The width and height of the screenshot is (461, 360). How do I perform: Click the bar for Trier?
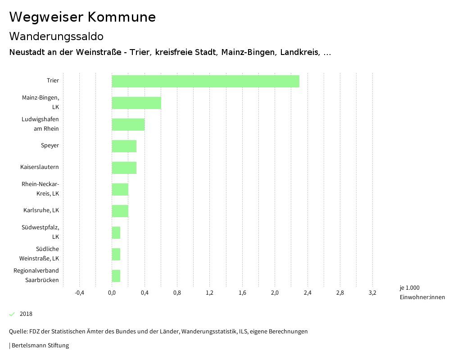pos(205,81)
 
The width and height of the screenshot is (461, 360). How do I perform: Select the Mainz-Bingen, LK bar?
pos(136,103)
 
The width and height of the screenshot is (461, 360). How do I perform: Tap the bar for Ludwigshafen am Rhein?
pos(128,124)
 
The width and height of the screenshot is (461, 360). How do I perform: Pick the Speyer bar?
pos(124,146)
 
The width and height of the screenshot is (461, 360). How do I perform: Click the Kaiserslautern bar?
pos(124,168)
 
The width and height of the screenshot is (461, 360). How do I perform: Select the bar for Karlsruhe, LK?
pos(120,211)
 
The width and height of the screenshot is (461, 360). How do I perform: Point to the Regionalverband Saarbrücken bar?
pos(116,276)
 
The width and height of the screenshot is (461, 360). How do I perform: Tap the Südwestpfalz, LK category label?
pos(40,232)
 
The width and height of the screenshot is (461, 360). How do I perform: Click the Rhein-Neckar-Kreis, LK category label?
pos(40,189)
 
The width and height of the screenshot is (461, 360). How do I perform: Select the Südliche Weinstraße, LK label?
pos(39,254)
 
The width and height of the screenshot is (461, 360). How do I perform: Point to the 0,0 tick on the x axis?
pos(112,293)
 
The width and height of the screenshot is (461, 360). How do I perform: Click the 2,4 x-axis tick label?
pos(307,293)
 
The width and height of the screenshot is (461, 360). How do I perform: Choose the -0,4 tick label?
pos(79,293)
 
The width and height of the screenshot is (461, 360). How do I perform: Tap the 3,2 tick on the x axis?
pos(372,293)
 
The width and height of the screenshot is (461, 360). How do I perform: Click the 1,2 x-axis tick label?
pos(210,293)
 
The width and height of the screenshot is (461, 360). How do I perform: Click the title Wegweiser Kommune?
pos(82,17)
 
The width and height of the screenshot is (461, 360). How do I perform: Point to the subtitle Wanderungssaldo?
pos(56,36)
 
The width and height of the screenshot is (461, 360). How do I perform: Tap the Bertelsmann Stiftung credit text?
pos(40,346)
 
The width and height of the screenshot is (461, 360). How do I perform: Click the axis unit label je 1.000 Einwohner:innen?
pos(422,292)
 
